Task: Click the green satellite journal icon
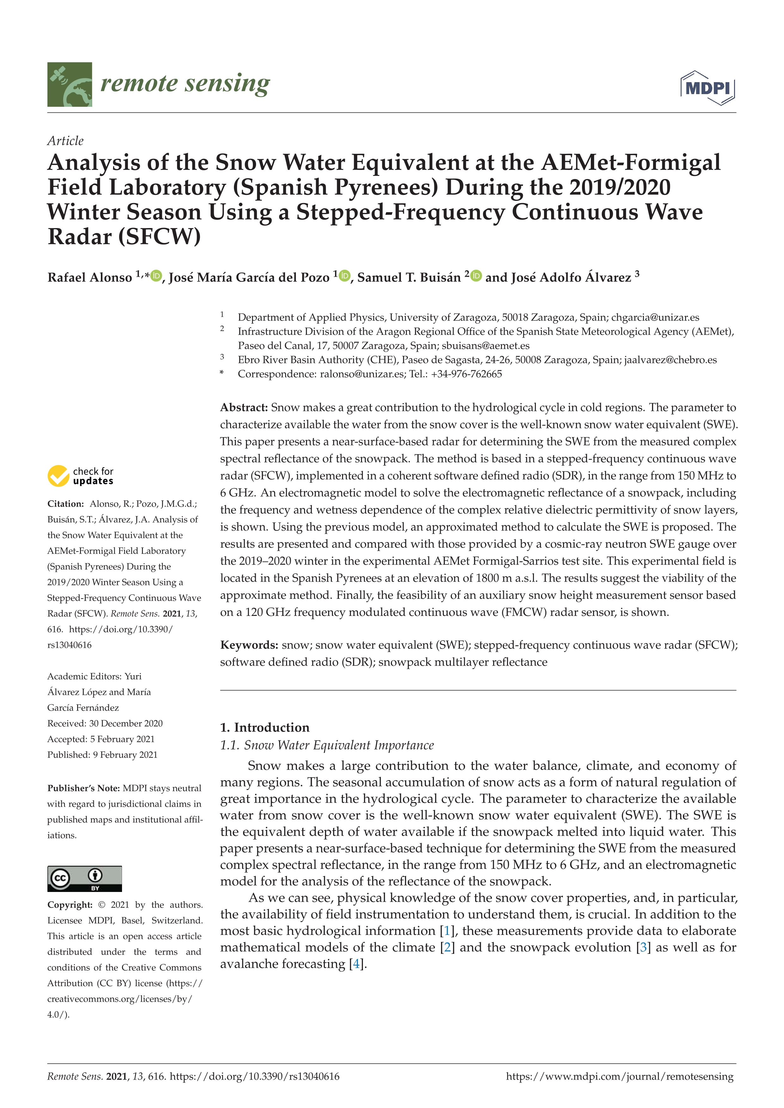coord(70,84)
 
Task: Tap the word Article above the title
coord(65,141)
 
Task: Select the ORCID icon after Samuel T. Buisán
coord(476,276)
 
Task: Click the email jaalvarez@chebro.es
coord(670,360)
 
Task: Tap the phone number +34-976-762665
coord(466,374)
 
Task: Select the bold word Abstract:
coord(244,407)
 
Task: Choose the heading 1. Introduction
coord(265,727)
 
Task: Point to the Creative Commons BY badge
coord(84,878)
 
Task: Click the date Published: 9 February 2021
coord(102,755)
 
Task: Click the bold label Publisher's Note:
coord(83,788)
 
